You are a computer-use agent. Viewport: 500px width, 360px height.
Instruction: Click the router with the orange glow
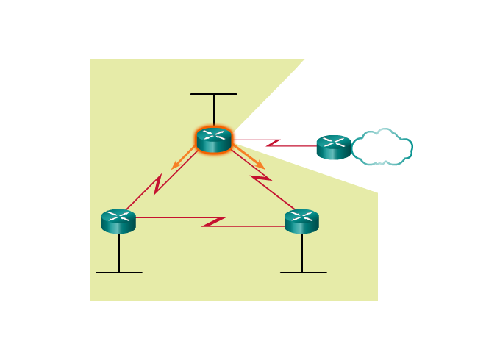click(x=214, y=140)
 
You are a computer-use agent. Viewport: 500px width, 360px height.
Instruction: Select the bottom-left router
click(x=118, y=221)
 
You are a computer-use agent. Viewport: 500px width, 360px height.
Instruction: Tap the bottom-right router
click(x=301, y=221)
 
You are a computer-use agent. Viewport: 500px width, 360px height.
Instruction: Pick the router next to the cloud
click(x=334, y=147)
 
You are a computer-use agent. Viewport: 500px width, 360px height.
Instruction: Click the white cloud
click(x=382, y=147)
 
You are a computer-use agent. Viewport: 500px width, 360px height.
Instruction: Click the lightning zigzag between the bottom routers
click(x=214, y=221)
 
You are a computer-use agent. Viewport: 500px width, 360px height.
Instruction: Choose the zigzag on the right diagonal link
click(x=261, y=177)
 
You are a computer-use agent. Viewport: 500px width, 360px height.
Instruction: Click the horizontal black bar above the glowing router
click(x=214, y=94)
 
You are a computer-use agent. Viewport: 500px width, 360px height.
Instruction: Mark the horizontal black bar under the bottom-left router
click(x=119, y=273)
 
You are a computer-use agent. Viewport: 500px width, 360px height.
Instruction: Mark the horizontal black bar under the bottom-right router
click(x=303, y=273)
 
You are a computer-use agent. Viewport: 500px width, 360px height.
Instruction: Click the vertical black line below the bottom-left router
click(x=119, y=253)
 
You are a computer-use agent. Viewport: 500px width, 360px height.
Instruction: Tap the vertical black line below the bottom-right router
click(x=302, y=253)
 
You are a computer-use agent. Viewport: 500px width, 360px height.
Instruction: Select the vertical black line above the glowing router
click(x=214, y=110)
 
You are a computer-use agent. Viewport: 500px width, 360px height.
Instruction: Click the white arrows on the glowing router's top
click(x=214, y=134)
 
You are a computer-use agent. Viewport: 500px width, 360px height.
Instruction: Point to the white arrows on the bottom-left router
click(x=118, y=216)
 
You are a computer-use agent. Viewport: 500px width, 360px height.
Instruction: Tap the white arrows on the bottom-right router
click(x=301, y=216)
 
